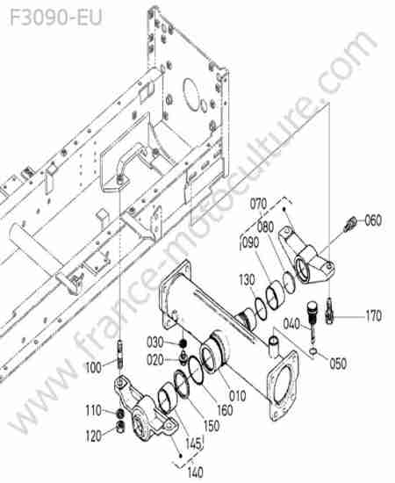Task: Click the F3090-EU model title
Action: coord(56,18)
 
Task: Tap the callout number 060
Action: coord(373,220)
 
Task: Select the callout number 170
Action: coord(373,316)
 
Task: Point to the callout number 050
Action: coord(338,364)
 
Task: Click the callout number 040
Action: coord(291,324)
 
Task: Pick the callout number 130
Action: coord(247,280)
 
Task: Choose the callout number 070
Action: coord(258,205)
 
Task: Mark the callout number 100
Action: coord(93,367)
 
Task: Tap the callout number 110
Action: coord(93,410)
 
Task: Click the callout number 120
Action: coord(93,436)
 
